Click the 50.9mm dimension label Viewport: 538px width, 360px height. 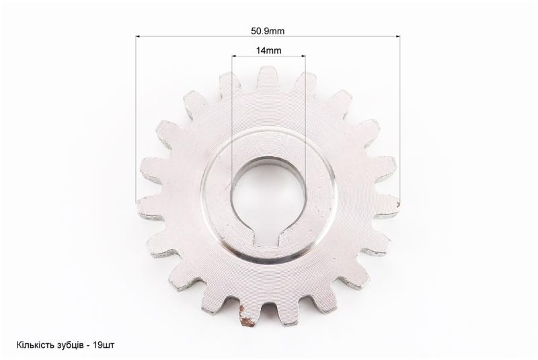[267, 31]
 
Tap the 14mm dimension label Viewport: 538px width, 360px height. [268, 50]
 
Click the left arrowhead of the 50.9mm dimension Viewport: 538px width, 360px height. [138, 36]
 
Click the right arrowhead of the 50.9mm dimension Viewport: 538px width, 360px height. [397, 36]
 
